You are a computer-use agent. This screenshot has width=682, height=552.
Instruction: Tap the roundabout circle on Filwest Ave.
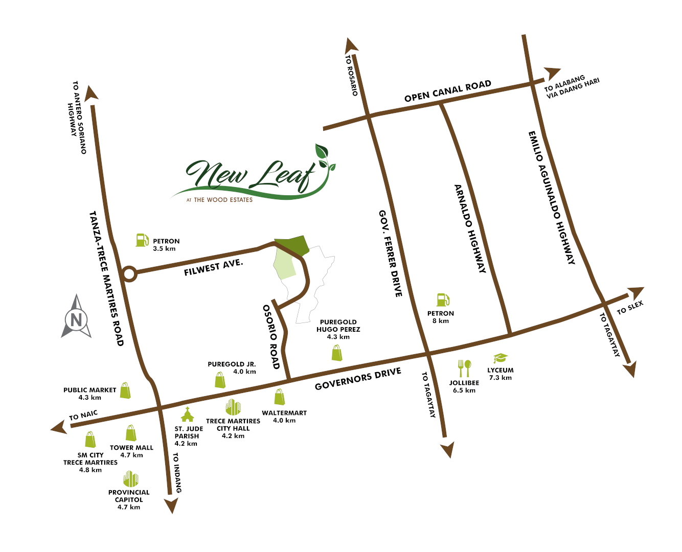tap(129, 274)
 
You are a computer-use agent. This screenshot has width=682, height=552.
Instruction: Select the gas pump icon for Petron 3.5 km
tap(142, 240)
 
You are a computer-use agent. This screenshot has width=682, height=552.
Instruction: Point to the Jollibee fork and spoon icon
tap(464, 368)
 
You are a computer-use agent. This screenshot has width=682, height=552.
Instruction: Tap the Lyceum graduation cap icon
tap(500, 358)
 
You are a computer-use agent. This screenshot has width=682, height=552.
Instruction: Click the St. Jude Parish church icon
tap(188, 415)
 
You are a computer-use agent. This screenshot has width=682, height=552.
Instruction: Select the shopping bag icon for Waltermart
tap(279, 397)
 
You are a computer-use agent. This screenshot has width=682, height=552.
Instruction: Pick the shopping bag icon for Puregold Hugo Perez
tap(337, 353)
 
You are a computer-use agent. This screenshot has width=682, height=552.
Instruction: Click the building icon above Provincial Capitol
tap(131, 479)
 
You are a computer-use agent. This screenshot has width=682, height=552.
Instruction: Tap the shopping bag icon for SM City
tap(90, 440)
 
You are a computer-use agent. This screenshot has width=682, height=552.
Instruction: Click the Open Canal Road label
tap(447, 91)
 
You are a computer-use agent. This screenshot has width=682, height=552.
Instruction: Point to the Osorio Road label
tap(271, 337)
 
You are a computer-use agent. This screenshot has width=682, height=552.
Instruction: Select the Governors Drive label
tap(358, 379)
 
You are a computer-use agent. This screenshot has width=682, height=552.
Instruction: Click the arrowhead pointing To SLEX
tap(636, 293)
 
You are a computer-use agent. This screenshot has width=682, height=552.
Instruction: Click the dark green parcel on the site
tap(293, 245)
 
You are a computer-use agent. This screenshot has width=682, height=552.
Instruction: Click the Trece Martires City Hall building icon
tap(233, 407)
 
